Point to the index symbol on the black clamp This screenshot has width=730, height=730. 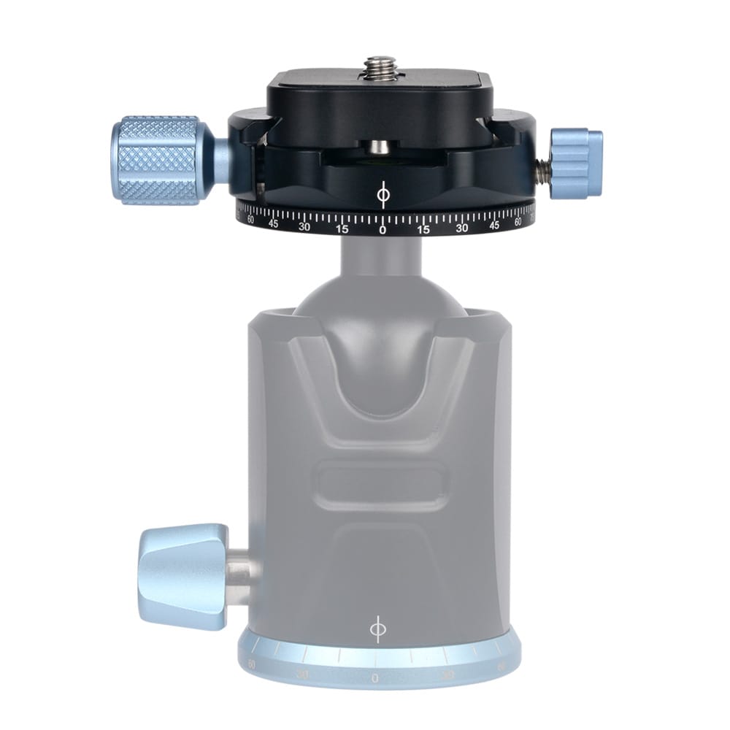pyautogui.click(x=382, y=196)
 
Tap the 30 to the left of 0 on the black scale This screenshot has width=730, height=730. pyautogui.click(x=305, y=226)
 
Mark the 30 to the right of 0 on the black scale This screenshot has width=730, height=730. pyautogui.click(x=461, y=227)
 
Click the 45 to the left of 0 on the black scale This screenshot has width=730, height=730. pyautogui.click(x=273, y=223)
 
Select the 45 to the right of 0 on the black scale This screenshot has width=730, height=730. pyautogui.click(x=493, y=223)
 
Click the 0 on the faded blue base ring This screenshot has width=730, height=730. pyautogui.click(x=374, y=678)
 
